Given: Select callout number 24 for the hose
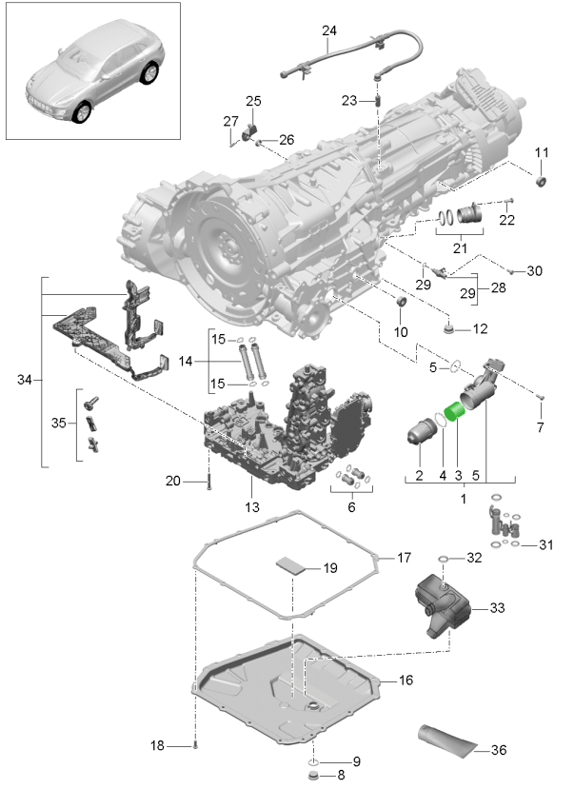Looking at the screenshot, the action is tap(329, 30).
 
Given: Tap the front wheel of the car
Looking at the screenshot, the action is tap(82, 111).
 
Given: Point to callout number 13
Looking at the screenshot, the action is tap(252, 506).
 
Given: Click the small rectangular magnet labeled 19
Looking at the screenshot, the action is tap(290, 565).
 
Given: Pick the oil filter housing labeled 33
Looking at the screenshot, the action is tap(443, 605).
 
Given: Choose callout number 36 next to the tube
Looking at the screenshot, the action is tap(499, 750).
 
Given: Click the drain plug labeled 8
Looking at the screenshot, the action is tap(313, 775).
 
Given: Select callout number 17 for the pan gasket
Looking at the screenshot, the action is tap(404, 558).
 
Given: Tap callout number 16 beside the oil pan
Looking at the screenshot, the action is tap(406, 681).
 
